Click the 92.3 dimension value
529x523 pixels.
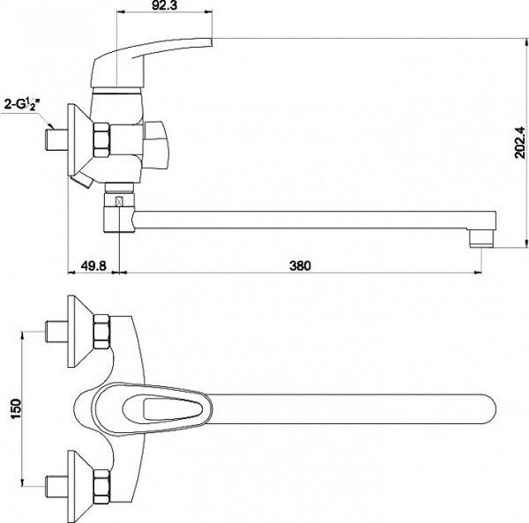(164, 5)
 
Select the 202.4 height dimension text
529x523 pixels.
(520, 142)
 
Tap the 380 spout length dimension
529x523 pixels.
(300, 265)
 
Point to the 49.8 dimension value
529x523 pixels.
(93, 265)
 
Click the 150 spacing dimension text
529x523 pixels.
(16, 408)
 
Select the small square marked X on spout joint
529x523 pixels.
(119, 202)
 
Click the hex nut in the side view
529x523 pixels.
(101, 140)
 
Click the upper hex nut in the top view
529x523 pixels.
(102, 332)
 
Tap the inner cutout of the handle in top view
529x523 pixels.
(173, 408)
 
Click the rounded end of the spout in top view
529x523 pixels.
(486, 408)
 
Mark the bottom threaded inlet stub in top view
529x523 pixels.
(56, 486)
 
